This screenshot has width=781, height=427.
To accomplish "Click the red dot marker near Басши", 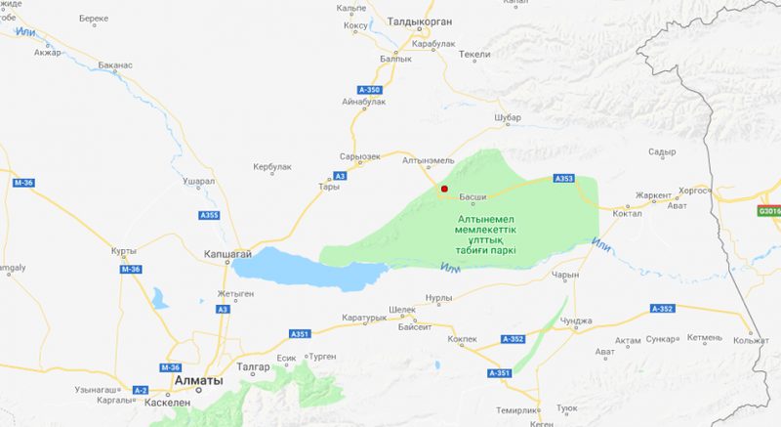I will point(443,189).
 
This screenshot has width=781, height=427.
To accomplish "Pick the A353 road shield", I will point(563,179).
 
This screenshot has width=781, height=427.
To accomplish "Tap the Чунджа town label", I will point(577,320).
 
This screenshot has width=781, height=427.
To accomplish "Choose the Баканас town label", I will point(115,65).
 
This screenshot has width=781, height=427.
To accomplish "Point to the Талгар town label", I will point(252,366).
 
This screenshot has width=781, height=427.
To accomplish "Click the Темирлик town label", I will point(516,410).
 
